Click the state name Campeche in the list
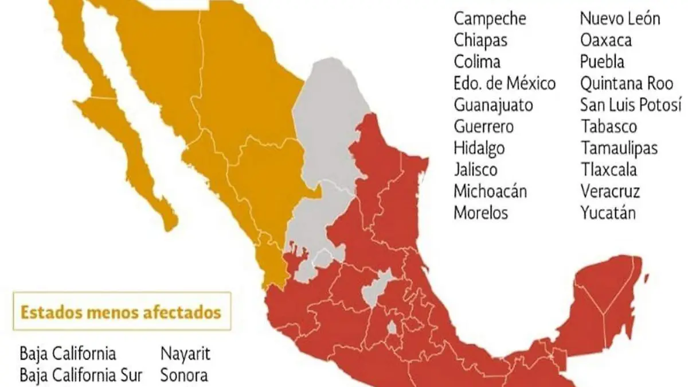pyautogui.click(x=490, y=18)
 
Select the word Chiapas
pyautogui.click(x=480, y=40)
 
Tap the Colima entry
pyautogui.click(x=477, y=61)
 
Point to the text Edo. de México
pyautogui.click(x=505, y=83)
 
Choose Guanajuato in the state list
pyautogui.click(x=493, y=105)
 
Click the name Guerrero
pyautogui.click(x=484, y=126)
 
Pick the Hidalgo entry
pyautogui.click(x=479, y=148)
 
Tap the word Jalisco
pyautogui.click(x=475, y=169)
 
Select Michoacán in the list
pyautogui.click(x=490, y=191)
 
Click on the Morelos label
pyautogui.click(x=480, y=212)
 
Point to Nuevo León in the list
pyautogui.click(x=620, y=18)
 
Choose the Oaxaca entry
pyautogui.click(x=606, y=40)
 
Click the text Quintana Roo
pyautogui.click(x=626, y=83)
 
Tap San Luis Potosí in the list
pyautogui.click(x=631, y=105)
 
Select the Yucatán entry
pyautogui.click(x=608, y=212)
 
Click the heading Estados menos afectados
pyautogui.click(x=121, y=313)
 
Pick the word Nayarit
pyautogui.click(x=185, y=354)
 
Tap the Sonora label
pyautogui.click(x=184, y=376)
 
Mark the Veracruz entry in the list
pyautogui.click(x=610, y=191)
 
